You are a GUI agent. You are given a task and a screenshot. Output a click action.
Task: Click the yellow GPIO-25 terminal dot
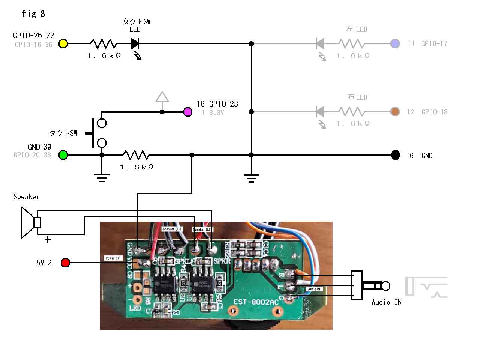[63, 43]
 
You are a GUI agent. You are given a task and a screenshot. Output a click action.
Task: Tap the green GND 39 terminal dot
[63, 155]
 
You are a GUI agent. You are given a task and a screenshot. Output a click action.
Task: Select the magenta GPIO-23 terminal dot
[187, 112]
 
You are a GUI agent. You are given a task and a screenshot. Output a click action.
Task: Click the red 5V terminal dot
[65, 262]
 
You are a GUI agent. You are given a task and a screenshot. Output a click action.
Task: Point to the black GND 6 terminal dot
[395, 155]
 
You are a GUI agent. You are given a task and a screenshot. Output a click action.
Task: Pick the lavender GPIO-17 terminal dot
[395, 43]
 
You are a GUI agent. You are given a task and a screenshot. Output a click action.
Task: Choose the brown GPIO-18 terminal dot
[395, 112]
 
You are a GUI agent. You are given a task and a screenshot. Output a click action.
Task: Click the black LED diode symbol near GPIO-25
[135, 43]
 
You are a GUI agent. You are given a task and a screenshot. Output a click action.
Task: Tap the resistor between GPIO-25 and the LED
[103, 43]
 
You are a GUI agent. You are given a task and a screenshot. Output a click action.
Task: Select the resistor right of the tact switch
[136, 155]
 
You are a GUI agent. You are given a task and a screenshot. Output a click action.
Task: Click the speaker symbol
[30, 223]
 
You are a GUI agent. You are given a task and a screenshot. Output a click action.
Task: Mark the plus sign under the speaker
[48, 240]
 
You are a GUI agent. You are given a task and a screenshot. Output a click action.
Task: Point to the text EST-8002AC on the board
[256, 302]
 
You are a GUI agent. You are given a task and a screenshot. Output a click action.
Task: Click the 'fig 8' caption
[33, 14]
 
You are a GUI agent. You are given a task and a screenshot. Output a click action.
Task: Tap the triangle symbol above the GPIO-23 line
[162, 97]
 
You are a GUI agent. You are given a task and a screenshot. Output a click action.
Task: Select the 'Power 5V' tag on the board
[112, 258]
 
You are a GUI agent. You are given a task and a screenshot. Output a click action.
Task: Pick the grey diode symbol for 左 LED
[320, 43]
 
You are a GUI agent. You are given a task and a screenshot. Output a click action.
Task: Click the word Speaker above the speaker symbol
[26, 196]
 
